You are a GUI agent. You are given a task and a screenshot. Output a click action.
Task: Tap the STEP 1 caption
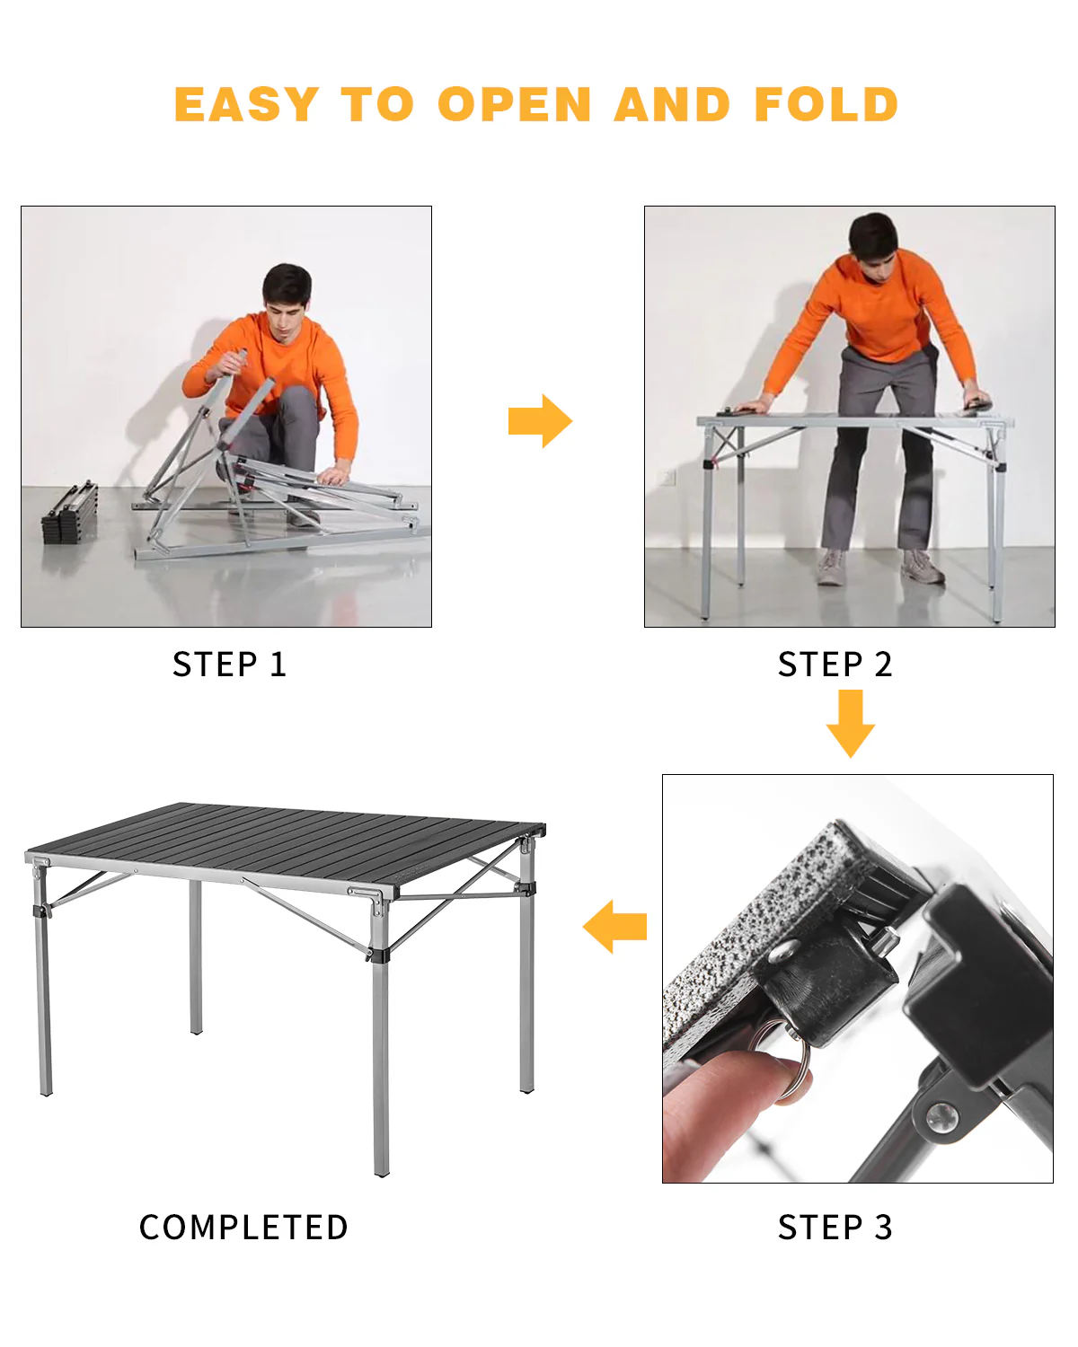click(229, 665)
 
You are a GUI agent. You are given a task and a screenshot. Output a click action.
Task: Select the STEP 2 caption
click(835, 665)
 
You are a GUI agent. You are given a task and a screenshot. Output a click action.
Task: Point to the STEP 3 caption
click(835, 1227)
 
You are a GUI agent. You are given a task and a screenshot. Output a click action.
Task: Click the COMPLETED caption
click(243, 1227)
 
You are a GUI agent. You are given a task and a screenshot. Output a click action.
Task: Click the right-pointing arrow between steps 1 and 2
click(540, 420)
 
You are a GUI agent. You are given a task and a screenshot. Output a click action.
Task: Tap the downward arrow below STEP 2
click(850, 723)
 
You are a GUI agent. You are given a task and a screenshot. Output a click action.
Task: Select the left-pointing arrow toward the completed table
click(615, 926)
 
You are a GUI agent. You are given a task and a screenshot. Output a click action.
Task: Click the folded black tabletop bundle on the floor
click(70, 514)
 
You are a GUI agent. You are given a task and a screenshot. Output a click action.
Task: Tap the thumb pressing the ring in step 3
click(728, 1091)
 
